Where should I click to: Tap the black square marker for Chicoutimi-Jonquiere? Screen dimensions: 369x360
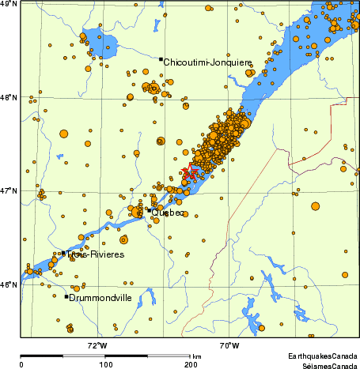point(161,59)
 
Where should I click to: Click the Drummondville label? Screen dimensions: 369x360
point(100,298)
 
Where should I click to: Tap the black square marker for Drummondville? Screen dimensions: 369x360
point(66,296)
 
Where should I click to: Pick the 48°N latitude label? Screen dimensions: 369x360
point(9,98)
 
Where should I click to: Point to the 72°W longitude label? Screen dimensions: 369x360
point(97,345)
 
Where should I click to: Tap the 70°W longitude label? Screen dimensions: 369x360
point(230,345)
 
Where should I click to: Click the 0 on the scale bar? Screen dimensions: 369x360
point(21,365)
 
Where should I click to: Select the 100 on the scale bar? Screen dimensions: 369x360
point(106,365)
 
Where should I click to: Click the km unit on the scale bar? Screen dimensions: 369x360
point(196,357)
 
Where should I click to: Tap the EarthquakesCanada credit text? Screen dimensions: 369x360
point(322,357)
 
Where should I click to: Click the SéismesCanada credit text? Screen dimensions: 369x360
point(325,366)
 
